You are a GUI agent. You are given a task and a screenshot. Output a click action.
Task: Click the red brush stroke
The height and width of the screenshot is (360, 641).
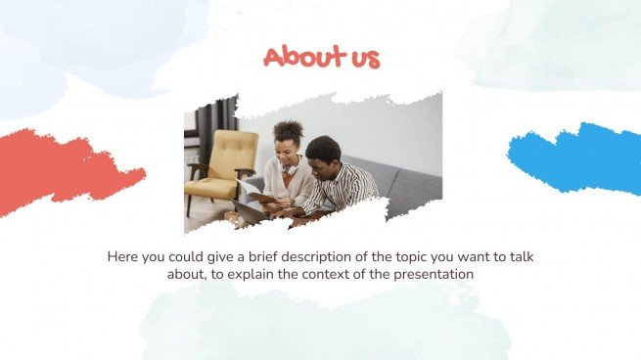69,170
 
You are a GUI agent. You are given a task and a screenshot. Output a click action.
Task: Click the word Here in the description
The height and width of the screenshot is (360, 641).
123,257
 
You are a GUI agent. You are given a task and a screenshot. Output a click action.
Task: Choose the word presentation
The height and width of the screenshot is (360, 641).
435,275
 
